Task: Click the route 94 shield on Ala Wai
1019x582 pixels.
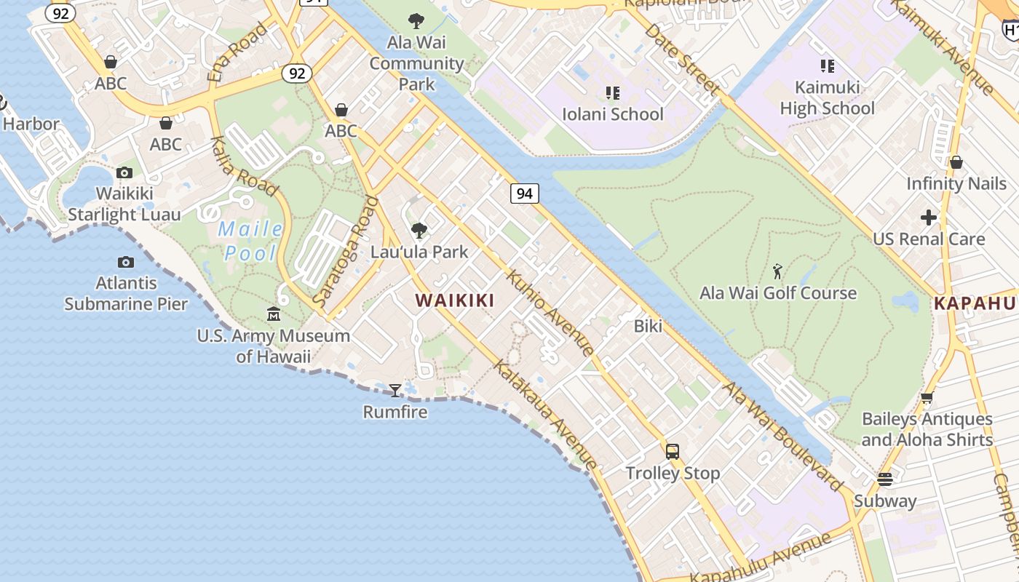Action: point(524,193)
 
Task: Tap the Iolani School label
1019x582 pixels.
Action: point(613,114)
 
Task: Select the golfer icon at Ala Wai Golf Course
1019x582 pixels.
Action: point(777,272)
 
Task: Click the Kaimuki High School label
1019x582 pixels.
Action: point(828,97)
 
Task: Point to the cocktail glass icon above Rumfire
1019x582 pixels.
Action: point(395,391)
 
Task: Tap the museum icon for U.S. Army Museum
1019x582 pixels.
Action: point(274,314)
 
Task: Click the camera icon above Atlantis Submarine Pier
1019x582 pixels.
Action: point(125,262)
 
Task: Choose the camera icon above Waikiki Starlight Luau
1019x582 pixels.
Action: point(124,172)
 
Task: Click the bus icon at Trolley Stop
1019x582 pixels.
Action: point(673,452)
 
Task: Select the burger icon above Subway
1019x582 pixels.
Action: point(885,479)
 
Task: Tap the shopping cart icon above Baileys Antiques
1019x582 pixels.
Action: point(927,397)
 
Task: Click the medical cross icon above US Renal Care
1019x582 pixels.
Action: point(929,218)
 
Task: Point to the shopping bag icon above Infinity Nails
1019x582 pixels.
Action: point(956,162)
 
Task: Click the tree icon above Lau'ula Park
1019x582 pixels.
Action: point(419,231)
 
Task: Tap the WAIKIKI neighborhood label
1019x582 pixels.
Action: point(455,300)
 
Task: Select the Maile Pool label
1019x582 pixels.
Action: point(251,241)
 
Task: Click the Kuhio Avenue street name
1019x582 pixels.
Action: point(550,312)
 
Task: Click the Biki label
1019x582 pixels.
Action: point(648,326)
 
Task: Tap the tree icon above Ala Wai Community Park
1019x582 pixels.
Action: point(416,21)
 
